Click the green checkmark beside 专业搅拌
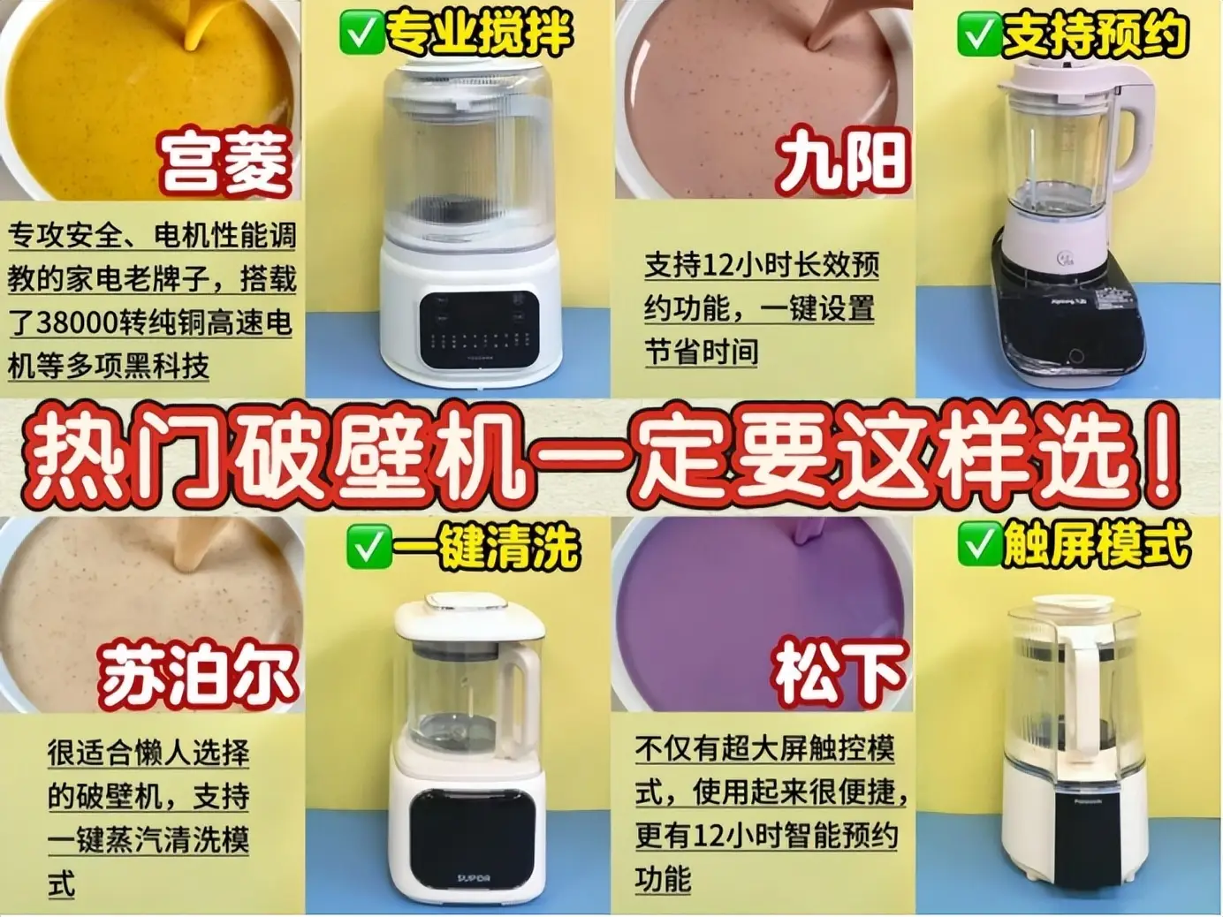pos(360,34)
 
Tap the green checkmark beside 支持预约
pos(978,34)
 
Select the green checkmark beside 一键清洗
pos(368,549)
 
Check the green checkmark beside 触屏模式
pos(978,545)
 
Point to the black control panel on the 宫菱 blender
pos(477,330)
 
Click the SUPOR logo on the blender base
pos(474,878)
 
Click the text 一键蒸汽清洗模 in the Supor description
pos(148,839)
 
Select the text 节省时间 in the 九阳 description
pos(701,352)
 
